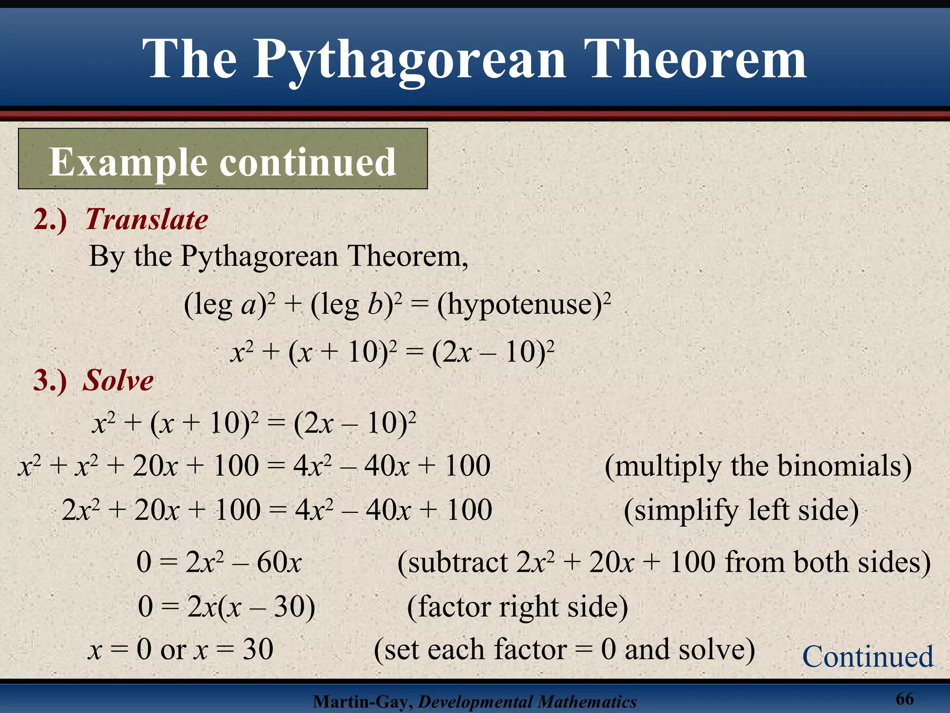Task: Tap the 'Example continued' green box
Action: tap(223, 159)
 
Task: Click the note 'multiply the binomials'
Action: tap(758, 466)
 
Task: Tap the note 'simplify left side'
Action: tap(741, 510)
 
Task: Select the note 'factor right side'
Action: tap(517, 606)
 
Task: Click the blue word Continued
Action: tap(867, 656)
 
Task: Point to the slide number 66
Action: tap(905, 698)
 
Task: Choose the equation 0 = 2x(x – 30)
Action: tap(226, 606)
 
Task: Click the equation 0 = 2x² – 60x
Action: tap(219, 562)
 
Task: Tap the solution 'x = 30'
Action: tap(234, 649)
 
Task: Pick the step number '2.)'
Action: tap(50, 220)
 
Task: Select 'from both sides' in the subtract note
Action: tap(828, 563)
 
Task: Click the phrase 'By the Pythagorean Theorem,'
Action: tap(278, 256)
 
